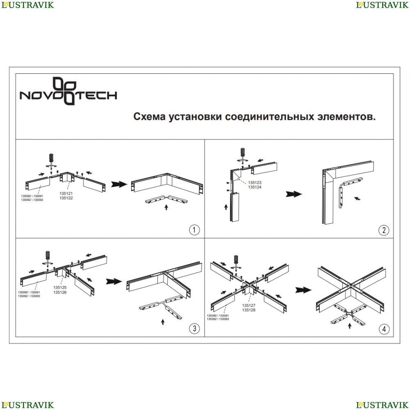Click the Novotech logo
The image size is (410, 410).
click(68, 91)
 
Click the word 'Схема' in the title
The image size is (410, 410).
click(149, 116)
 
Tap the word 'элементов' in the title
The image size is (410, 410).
click(346, 116)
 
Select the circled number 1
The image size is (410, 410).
click(194, 230)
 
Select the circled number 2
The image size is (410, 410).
click(384, 230)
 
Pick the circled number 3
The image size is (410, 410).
click(194, 328)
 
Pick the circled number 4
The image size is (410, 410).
click(384, 329)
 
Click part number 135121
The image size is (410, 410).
click(66, 194)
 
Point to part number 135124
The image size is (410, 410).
click(255, 187)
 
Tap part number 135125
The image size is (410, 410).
click(60, 287)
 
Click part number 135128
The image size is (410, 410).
click(249, 310)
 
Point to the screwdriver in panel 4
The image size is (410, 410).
click(236, 263)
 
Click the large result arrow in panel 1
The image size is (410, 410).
click(119, 184)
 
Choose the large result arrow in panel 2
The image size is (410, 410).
click(294, 194)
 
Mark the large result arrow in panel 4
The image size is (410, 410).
click(303, 290)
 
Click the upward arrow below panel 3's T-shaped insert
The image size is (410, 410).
click(163, 322)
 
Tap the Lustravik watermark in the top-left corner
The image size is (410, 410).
click(28, 5)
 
